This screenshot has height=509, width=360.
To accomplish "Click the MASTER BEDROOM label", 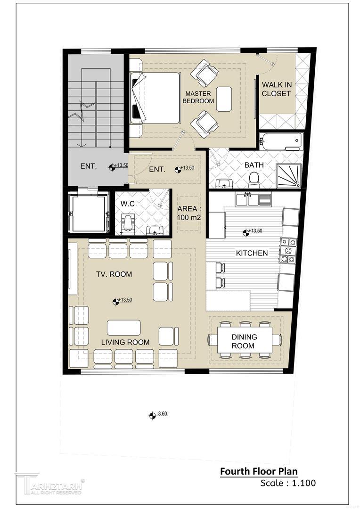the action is point(198,97).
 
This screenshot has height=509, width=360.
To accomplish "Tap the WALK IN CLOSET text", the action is point(276,89).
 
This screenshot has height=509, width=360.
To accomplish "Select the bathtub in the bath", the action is point(281,141).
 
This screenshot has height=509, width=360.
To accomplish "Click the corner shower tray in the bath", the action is point(288,175).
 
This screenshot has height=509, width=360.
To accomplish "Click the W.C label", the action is point(127,204).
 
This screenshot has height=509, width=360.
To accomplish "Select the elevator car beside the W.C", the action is point(89,212).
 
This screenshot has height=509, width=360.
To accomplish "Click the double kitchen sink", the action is point(254,199).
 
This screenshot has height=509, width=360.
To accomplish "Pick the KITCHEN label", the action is point(252,253).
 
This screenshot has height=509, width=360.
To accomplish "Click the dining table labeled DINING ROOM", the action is point(245,340).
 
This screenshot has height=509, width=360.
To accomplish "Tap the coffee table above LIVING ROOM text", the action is point(124,328).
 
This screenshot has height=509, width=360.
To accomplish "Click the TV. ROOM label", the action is point(114,274).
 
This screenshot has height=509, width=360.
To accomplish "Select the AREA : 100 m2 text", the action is point(189,213).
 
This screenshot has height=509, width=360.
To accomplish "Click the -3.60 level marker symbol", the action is point(152,415).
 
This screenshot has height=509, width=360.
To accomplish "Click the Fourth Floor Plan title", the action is point(259,471).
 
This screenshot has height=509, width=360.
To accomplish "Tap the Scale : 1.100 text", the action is point(288,483).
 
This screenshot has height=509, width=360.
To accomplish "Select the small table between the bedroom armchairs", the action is point(224,99).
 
